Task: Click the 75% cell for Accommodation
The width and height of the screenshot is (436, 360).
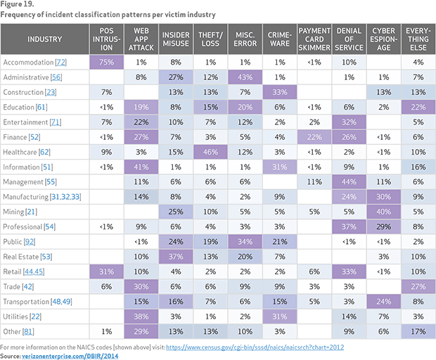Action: [x=107, y=63]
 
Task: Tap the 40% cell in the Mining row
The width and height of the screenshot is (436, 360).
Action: [x=383, y=210]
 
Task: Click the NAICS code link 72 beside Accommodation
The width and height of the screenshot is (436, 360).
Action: [x=61, y=63]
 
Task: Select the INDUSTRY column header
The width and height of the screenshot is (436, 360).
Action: [x=44, y=38]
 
